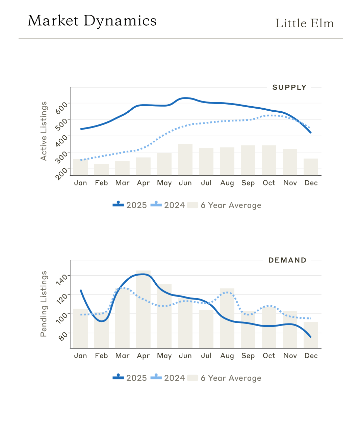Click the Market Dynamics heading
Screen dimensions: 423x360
(x=92, y=21)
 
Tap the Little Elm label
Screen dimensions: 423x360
(x=304, y=24)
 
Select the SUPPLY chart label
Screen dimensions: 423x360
(x=289, y=87)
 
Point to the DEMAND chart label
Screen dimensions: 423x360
(x=287, y=260)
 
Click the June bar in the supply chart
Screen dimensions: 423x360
(x=185, y=160)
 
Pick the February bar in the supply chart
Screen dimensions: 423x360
(x=101, y=170)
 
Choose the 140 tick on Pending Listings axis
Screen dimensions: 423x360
(x=62, y=279)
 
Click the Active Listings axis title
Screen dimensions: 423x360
(x=44, y=131)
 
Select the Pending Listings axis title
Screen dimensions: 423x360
(x=44, y=304)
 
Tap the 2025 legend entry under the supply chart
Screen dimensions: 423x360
(x=130, y=205)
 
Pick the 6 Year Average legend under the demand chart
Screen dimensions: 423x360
(x=225, y=378)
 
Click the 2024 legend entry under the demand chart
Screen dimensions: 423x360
(x=168, y=378)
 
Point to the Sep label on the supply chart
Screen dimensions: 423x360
(x=248, y=183)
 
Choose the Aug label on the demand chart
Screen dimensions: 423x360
(x=227, y=356)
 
